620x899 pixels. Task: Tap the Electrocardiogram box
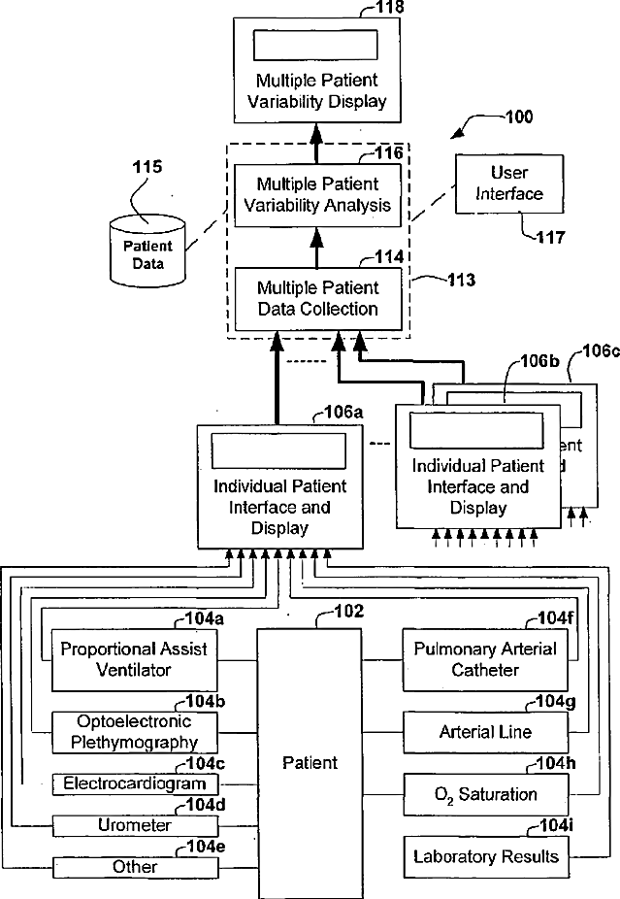coord(135,783)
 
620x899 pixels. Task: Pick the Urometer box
coord(135,825)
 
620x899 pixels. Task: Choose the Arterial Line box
coord(485,731)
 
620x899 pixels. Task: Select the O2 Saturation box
coord(485,794)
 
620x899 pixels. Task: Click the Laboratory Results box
coord(485,856)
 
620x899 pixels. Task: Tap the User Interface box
coord(508,183)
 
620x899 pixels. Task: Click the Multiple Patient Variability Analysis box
coord(317,193)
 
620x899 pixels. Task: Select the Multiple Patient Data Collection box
coord(317,299)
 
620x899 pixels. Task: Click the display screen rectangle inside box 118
coord(316,46)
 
